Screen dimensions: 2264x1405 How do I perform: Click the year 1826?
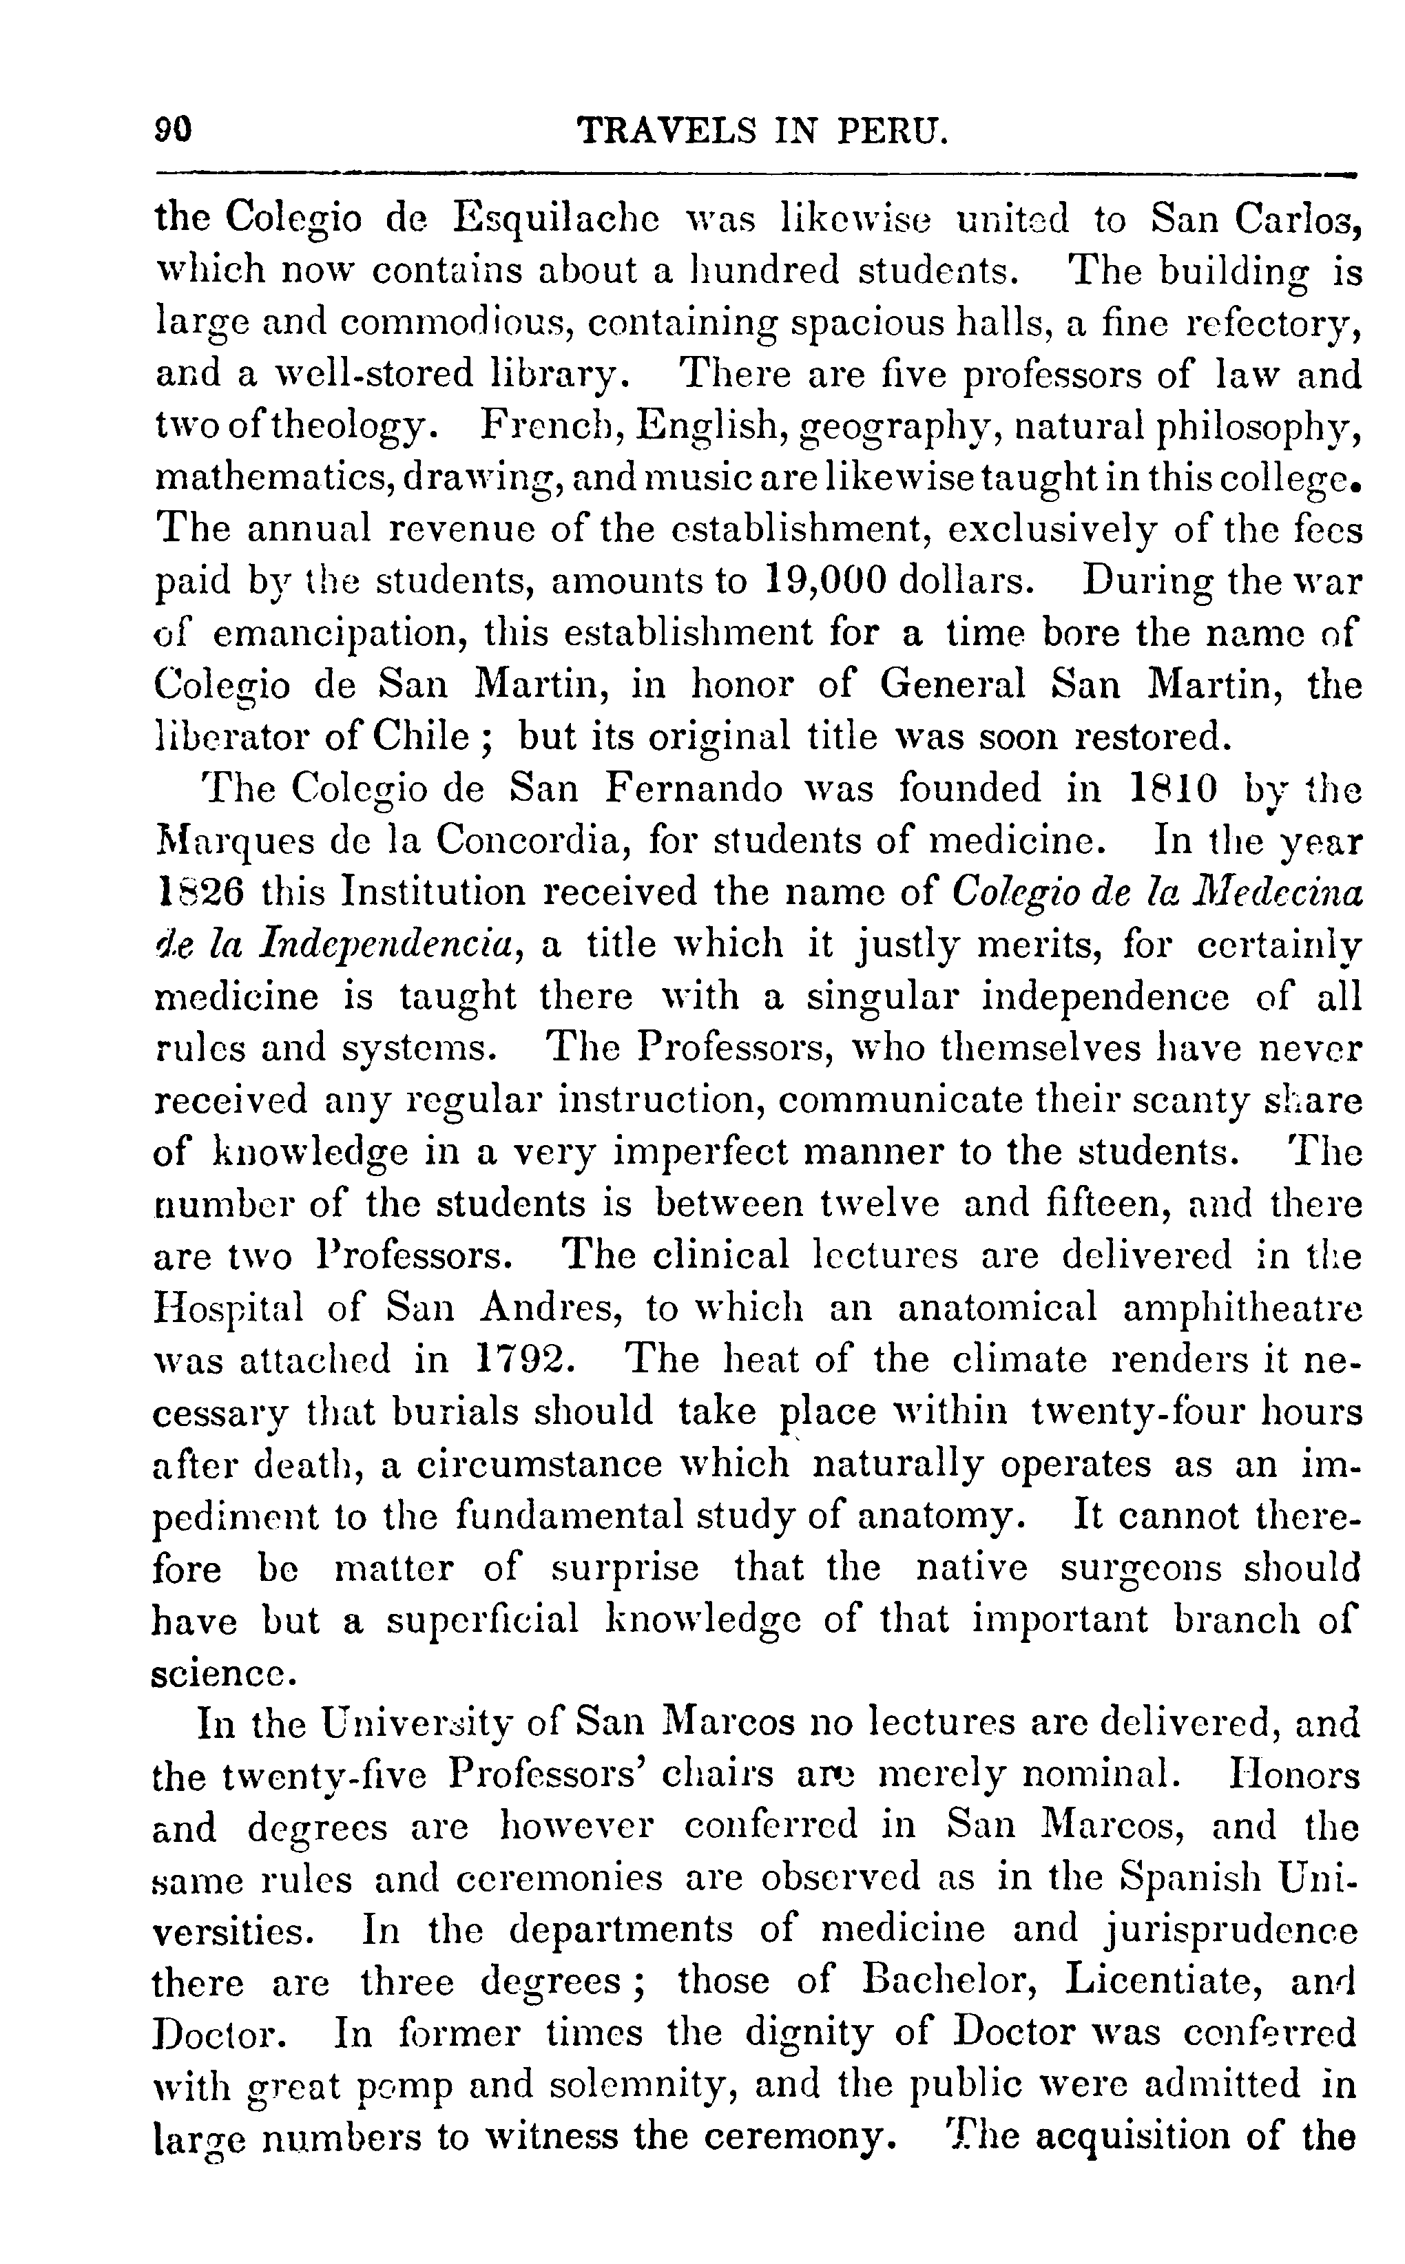click(197, 893)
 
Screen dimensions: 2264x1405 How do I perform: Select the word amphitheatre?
click(1242, 1309)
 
